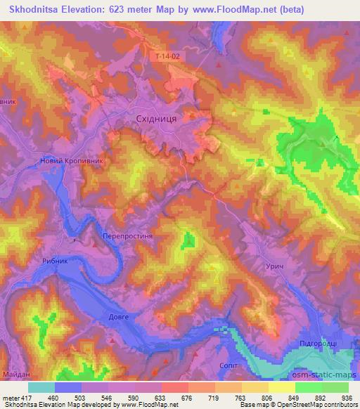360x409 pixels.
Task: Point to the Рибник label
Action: point(56,261)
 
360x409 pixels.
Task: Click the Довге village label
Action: point(120,318)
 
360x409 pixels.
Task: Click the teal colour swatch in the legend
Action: point(41,387)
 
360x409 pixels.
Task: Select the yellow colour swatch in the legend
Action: point(281,387)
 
